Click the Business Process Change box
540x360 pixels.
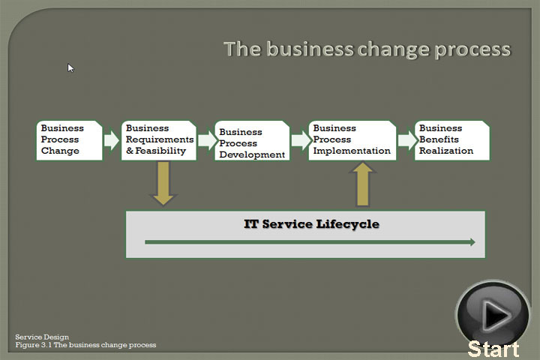coord(70,140)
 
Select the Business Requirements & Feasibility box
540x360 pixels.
coord(159,140)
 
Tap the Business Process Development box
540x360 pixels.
coord(252,140)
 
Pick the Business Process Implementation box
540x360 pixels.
coord(352,140)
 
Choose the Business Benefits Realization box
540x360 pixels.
coord(452,140)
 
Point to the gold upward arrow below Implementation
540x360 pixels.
coord(363,184)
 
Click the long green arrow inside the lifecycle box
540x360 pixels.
coord(310,242)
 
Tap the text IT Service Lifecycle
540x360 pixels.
coord(312,224)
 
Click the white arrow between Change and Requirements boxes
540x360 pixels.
coord(112,139)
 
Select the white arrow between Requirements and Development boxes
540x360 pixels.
coord(208,139)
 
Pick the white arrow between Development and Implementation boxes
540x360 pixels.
coord(301,139)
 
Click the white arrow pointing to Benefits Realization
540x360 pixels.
coord(407,139)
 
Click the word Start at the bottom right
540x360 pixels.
coord(493,349)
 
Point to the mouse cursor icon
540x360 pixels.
coord(70,67)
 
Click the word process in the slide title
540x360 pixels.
coord(472,50)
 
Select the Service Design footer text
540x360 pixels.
coord(42,337)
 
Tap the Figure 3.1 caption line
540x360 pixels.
coord(85,345)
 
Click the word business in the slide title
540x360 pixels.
coord(310,49)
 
